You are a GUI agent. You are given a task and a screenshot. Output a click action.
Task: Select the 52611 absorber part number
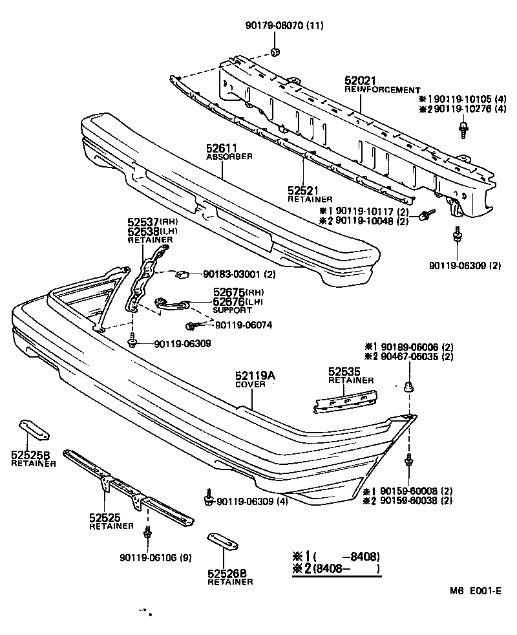click(222, 148)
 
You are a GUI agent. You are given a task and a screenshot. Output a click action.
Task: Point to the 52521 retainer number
click(304, 191)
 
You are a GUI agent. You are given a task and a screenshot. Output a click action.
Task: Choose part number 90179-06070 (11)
click(284, 26)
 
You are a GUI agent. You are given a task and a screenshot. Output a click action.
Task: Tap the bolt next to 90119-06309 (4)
click(208, 499)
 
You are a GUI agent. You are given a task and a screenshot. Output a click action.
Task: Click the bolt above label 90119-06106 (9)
click(148, 533)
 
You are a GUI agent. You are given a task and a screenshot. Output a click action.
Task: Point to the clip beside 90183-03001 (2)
click(182, 274)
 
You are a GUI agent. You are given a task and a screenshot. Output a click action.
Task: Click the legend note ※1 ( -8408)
click(336, 556)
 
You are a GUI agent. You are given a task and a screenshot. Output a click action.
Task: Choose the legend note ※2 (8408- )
click(336, 569)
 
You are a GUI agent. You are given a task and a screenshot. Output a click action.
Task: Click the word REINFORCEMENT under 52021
click(382, 90)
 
